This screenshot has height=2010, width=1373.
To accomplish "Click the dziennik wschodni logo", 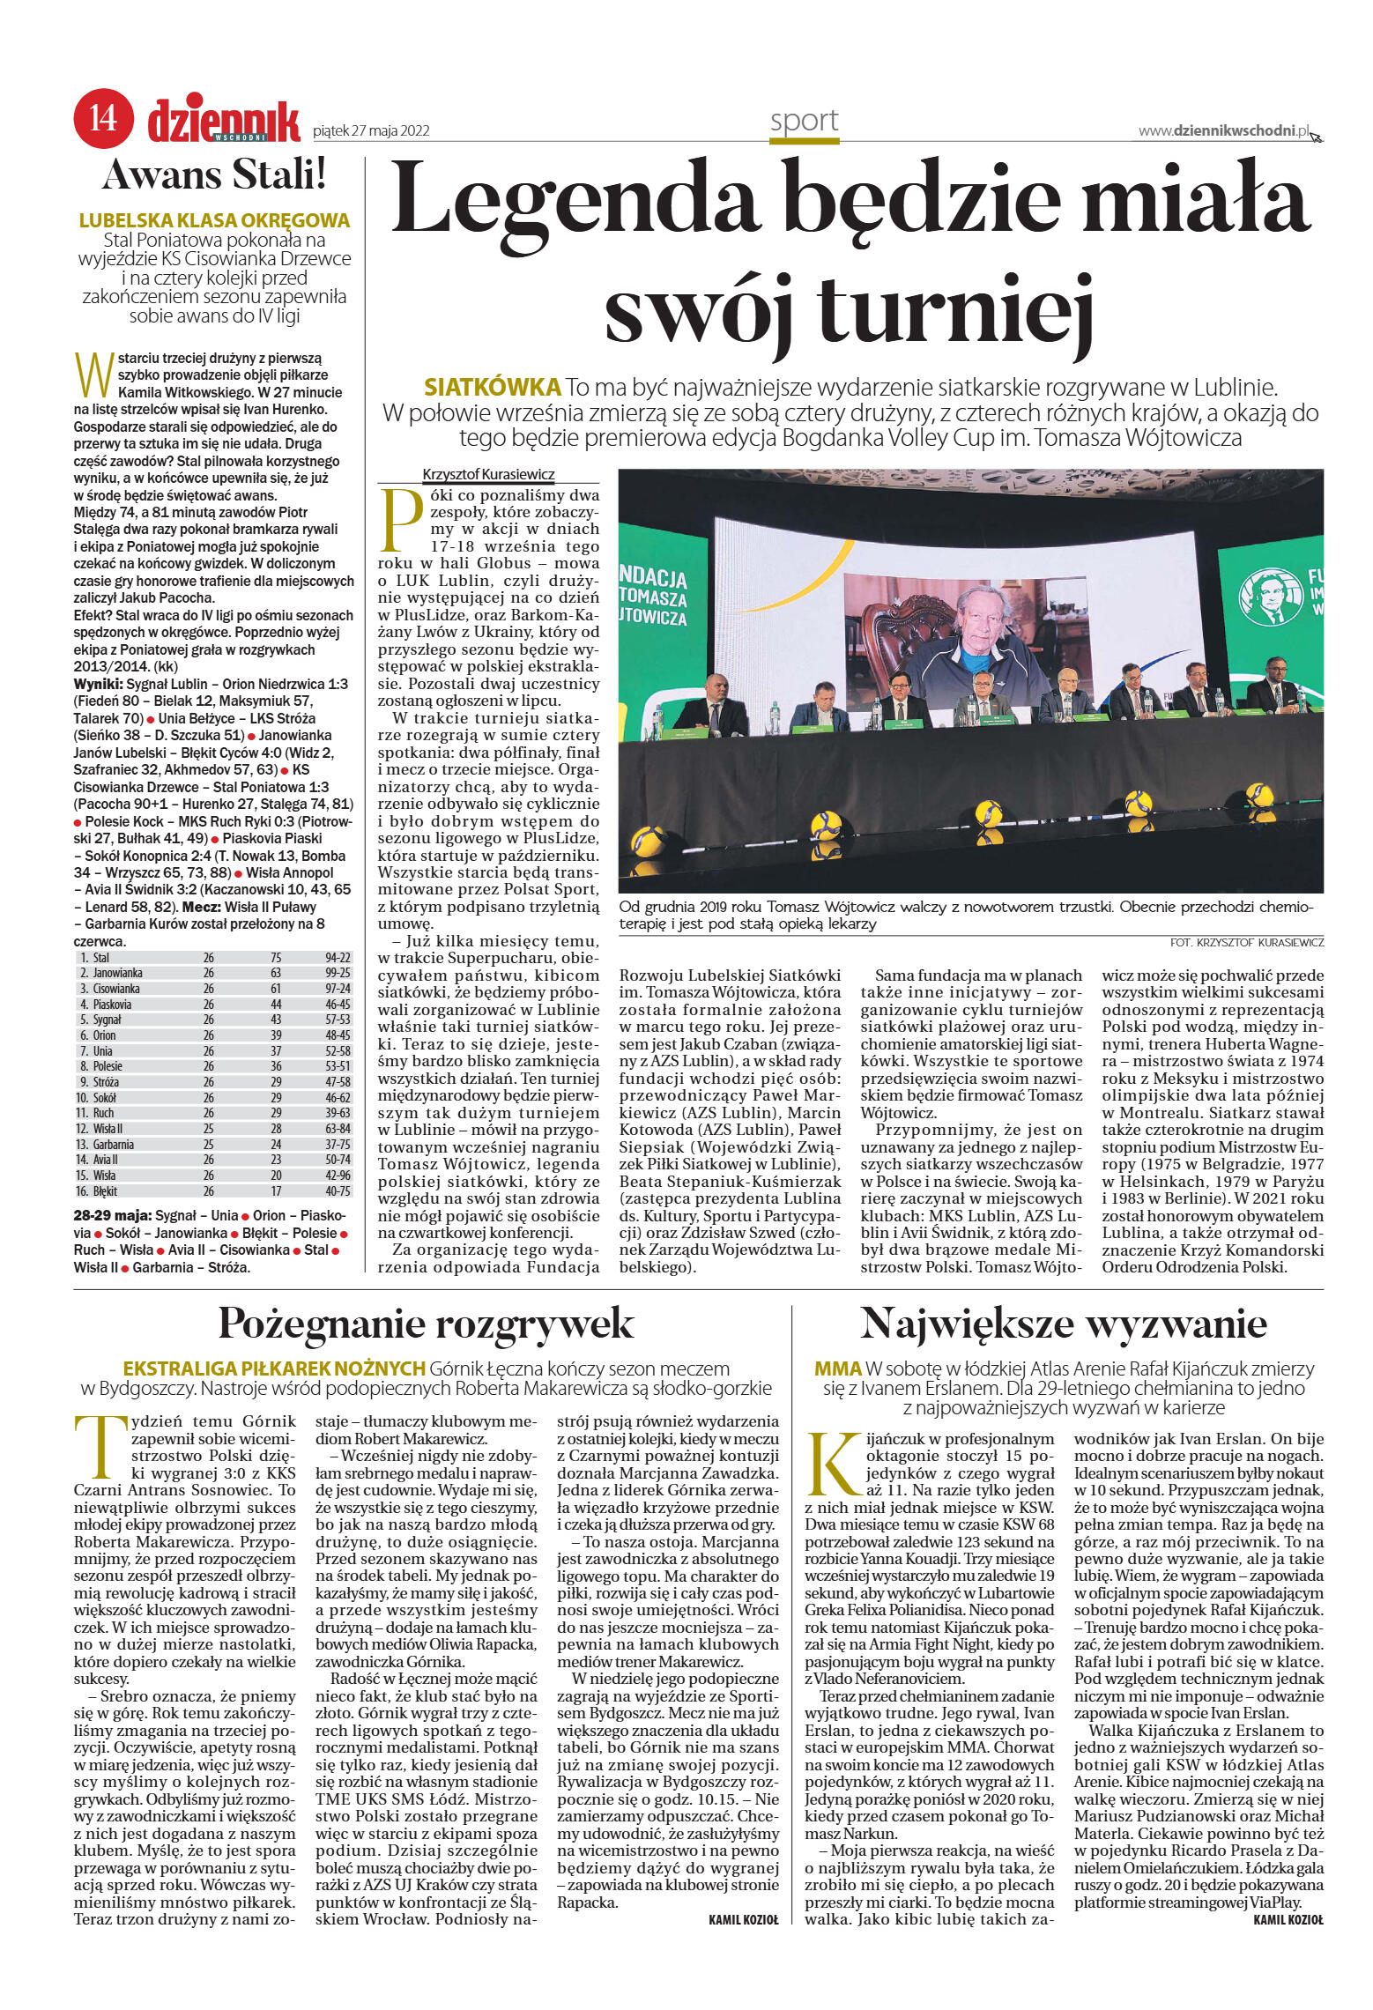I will point(223,121).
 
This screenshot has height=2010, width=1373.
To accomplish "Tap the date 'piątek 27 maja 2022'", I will point(371,130).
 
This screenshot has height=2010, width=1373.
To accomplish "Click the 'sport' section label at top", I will point(803,121).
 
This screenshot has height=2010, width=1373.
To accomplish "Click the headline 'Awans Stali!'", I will point(215,174).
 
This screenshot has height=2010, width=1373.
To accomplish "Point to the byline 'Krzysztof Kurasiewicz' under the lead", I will point(488,474).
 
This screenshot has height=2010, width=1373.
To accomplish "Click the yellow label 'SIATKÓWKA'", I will point(492,387).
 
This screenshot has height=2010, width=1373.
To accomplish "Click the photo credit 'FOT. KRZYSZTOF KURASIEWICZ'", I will point(1246,942).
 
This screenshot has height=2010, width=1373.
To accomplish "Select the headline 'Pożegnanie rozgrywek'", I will point(426,1323).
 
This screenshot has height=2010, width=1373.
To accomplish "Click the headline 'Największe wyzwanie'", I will point(1063,1323).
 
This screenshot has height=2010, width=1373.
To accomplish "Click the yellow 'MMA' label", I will point(837,1368).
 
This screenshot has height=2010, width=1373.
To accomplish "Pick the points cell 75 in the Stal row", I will point(276,957).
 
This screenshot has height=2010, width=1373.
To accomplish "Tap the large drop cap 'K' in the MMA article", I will point(832,1463).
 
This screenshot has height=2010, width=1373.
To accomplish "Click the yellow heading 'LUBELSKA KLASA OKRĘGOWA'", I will point(214,220).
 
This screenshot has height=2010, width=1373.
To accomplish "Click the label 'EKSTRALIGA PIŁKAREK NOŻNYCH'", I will point(274,1368).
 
